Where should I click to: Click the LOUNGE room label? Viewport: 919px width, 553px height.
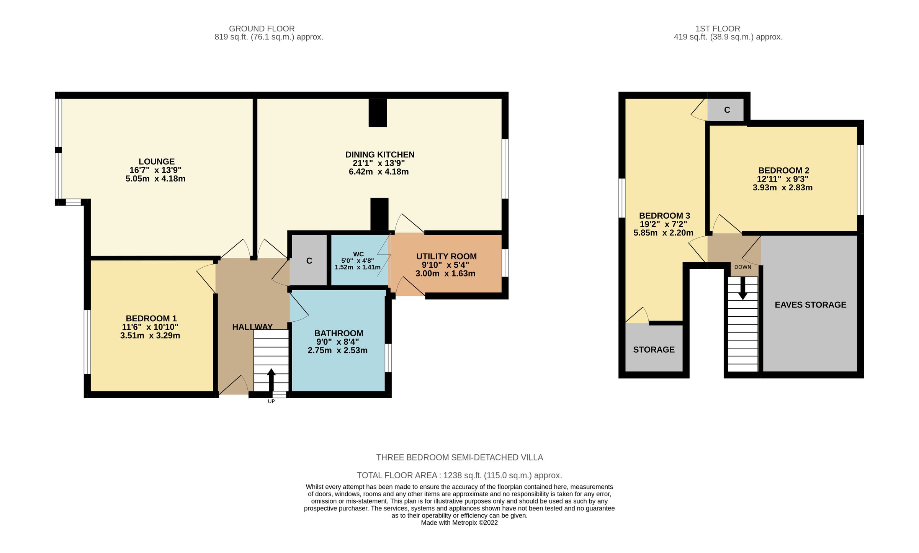156,162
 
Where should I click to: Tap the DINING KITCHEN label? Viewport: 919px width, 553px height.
379,155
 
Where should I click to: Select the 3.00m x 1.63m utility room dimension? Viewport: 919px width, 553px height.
445,273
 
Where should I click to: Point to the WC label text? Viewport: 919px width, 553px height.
358,254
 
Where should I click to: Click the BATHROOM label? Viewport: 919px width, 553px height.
338,333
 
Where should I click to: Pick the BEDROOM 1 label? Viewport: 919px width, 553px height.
151,318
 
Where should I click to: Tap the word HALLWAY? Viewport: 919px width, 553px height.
252,327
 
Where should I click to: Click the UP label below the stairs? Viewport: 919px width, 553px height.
271,401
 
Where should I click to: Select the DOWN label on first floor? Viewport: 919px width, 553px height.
742,267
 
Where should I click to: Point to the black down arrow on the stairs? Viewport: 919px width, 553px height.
742,289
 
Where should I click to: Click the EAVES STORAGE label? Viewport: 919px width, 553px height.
810,305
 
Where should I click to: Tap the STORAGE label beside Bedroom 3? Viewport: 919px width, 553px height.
654,350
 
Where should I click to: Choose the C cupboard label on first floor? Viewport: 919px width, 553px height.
727,110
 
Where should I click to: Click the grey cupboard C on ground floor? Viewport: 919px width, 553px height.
309,261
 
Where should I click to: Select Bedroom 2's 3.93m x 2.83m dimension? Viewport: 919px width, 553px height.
782,188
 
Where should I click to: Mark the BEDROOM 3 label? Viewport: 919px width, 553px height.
664,216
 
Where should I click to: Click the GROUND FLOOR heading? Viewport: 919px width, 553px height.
262,29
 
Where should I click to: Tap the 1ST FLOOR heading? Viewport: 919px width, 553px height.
718,29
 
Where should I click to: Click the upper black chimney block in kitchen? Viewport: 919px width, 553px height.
378,113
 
